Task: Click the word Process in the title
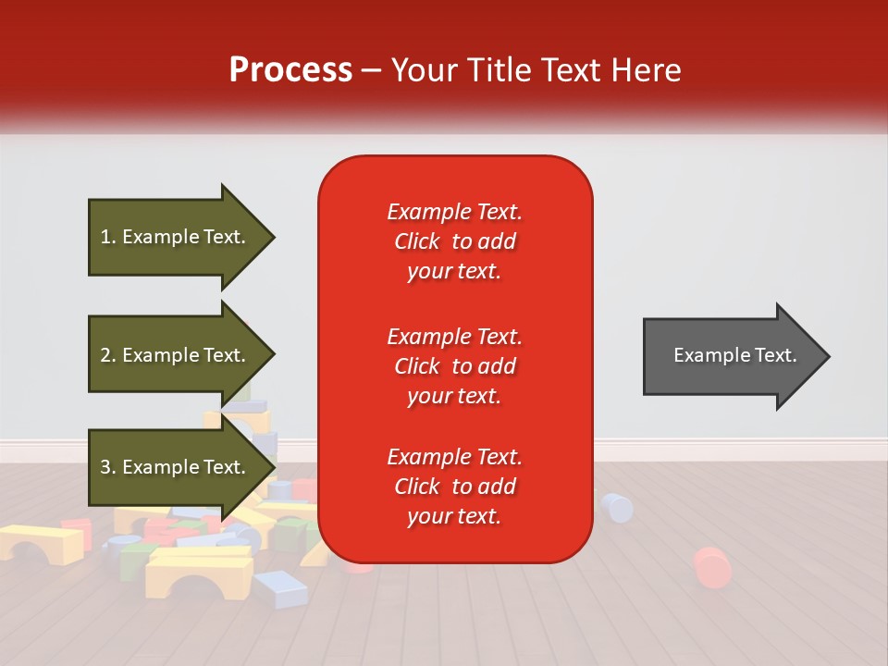click(290, 69)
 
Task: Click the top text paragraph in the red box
click(454, 241)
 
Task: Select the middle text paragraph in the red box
click(454, 366)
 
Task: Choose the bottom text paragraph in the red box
click(454, 487)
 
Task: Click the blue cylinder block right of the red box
click(616, 507)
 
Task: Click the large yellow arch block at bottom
click(198, 571)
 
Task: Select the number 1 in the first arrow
click(105, 237)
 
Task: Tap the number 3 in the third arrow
click(105, 467)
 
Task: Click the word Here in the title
click(647, 70)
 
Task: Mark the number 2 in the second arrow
click(105, 355)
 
